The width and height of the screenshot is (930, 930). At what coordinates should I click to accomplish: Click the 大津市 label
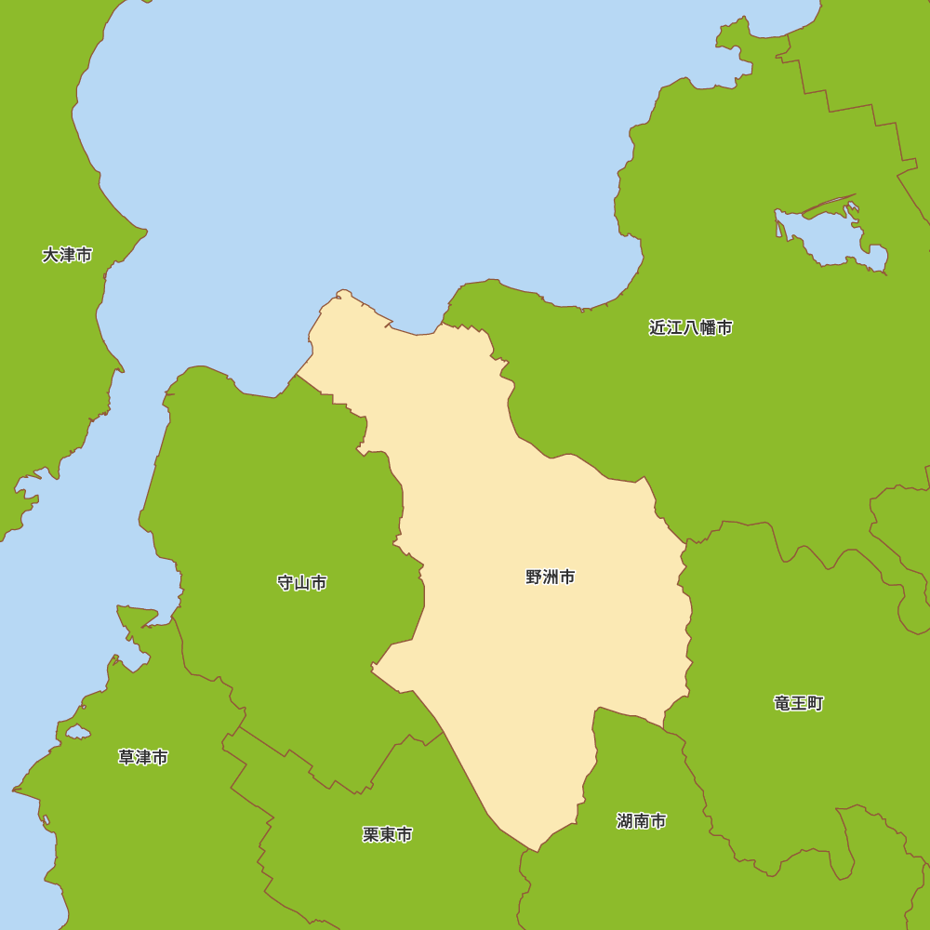tap(67, 255)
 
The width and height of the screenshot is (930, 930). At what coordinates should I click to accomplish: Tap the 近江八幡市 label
tap(690, 327)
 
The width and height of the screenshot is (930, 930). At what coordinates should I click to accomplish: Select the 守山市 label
tap(302, 583)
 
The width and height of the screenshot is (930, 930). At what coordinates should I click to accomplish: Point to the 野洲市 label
tap(551, 578)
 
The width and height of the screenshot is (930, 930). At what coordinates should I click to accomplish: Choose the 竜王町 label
tap(799, 703)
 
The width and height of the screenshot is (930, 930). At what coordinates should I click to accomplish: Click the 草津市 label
tap(143, 758)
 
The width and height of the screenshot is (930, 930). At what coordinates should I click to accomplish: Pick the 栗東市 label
tap(388, 835)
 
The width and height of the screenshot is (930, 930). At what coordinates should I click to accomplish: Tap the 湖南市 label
tap(642, 821)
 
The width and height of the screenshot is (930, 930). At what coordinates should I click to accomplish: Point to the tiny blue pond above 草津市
tap(77, 733)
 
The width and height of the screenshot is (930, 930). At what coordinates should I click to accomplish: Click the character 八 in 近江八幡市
tap(690, 327)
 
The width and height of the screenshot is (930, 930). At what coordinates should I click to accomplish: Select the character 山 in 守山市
tap(302, 583)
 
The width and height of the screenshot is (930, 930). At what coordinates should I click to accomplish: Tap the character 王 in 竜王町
tap(799, 703)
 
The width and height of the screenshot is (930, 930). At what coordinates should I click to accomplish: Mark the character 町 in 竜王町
tap(816, 703)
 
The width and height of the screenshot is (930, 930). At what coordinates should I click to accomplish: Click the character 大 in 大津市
tap(50, 255)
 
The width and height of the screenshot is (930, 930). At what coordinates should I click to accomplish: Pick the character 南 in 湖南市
tap(642, 821)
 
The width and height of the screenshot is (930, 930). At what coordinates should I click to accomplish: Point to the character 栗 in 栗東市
tap(371, 835)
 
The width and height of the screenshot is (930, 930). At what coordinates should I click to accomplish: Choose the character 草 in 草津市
tap(126, 758)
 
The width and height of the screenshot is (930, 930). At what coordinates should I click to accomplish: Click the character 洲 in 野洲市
tap(551, 578)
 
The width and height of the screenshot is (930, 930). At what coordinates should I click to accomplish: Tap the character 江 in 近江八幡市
tap(673, 327)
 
